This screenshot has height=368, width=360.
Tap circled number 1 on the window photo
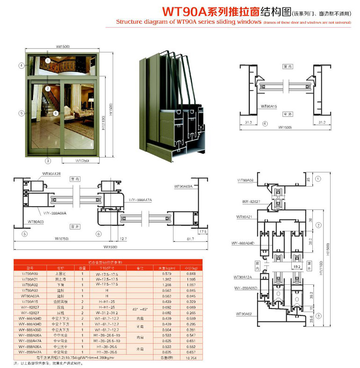point(48,60)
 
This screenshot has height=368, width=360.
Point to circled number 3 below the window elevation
point(48,161)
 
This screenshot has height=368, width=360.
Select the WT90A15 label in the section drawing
point(269,106)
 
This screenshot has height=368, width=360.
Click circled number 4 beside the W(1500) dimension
point(265,123)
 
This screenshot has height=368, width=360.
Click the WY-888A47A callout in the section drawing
point(142,200)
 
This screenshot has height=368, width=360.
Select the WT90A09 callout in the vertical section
point(245,180)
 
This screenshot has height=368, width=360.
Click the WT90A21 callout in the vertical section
point(244,217)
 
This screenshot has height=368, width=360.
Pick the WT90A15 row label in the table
point(29,302)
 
